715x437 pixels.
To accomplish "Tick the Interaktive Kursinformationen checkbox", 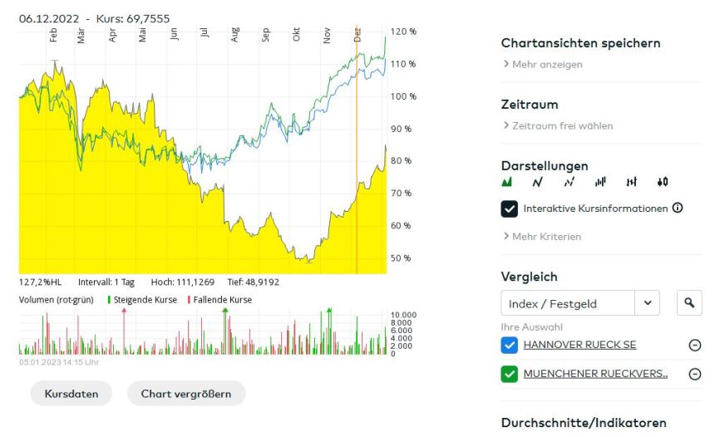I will coord(510,209).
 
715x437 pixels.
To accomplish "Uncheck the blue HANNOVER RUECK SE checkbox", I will coord(510,345).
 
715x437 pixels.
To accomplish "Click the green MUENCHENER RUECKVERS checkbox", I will coord(510,374).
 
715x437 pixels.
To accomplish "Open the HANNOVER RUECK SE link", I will coord(579,345).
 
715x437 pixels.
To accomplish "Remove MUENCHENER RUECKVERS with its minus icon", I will coord(695,374).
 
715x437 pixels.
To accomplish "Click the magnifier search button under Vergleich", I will coord(689,303).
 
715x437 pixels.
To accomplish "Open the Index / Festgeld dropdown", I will coord(648,303).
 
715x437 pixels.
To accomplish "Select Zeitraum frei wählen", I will coord(562,126).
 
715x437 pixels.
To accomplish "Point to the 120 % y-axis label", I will coord(403,32).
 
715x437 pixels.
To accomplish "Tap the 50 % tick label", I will coord(401,258).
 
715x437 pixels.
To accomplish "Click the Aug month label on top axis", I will coord(235,35).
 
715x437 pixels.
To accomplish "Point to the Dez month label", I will coord(357,35).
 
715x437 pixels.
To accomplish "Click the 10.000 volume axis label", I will coord(404,316).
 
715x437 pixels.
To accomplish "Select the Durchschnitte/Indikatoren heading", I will coord(584,423).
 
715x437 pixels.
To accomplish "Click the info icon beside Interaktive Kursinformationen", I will coord(678,208).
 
